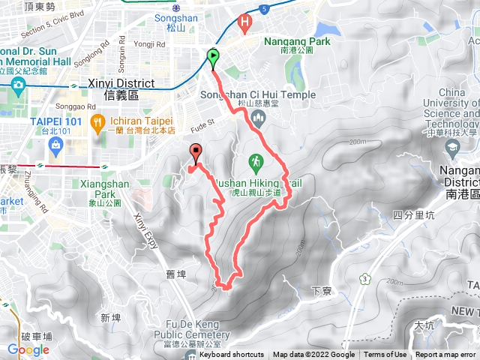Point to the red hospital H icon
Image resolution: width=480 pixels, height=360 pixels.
coord(244,23)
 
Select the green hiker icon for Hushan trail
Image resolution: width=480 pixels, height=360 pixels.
coord(256,160)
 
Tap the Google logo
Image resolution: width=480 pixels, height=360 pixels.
coord(28,349)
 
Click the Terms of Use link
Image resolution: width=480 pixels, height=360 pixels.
coord(385,355)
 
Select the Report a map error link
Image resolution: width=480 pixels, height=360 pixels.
coord(446,355)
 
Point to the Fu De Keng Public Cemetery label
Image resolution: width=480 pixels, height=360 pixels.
coord(197,330)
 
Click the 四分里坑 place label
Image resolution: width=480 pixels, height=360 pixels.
coord(409,215)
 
